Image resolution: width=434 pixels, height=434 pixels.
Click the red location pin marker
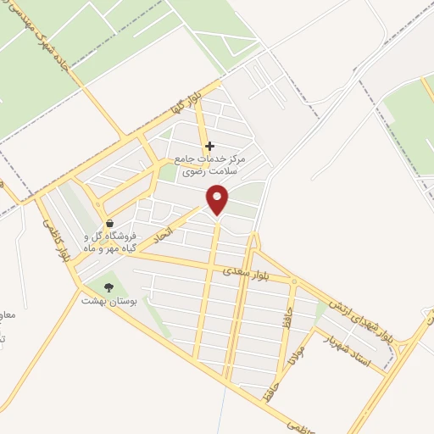coord(218,199)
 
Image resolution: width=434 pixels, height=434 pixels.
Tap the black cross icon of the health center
coord(210,145)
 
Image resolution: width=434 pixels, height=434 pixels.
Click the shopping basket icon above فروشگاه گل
coord(109,223)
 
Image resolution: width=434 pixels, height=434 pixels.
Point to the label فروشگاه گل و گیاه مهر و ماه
coord(109,242)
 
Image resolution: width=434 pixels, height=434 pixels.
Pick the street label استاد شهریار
coord(348,348)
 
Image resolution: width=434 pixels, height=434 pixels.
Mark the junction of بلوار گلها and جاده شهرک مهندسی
coord(127,136)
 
